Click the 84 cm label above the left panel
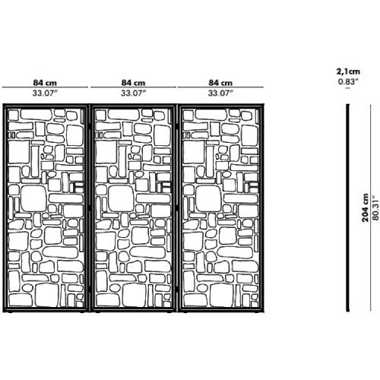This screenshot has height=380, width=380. point(45,83)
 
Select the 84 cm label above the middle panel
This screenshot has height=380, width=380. point(133,83)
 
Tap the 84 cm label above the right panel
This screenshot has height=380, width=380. point(220,83)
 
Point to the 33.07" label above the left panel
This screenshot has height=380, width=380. point(45,93)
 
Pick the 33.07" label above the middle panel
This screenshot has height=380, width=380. point(133,93)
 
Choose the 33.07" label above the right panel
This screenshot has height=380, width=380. point(220,93)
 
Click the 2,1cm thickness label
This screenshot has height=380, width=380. point(348,71)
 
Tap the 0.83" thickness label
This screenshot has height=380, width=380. point(348,82)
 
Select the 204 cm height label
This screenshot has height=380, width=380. point(365,207)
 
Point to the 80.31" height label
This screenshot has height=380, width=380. point(375,207)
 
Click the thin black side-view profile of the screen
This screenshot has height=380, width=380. point(348,207)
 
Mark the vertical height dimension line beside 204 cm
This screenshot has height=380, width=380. point(370,207)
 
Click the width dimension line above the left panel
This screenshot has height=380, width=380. point(45,87)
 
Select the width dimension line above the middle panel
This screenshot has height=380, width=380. point(133,87)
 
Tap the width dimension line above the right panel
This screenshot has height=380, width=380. point(220,87)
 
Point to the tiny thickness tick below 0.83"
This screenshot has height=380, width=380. point(348,88)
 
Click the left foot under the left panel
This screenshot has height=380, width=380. point(10,312)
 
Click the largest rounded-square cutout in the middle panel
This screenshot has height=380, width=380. point(121,198)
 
